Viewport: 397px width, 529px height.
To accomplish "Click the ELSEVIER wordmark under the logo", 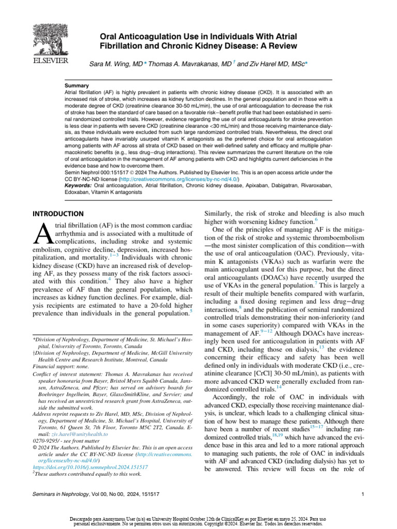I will (43, 61).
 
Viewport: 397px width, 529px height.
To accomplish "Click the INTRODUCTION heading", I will (57, 213).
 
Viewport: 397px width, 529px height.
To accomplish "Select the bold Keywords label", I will (78, 185).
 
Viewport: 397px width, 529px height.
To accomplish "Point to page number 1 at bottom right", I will (363, 494).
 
